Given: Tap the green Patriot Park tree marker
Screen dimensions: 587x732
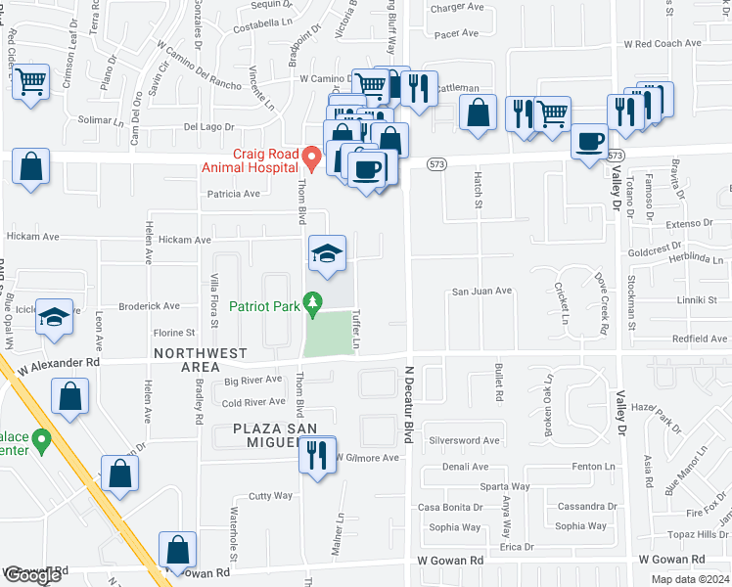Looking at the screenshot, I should click(x=313, y=305).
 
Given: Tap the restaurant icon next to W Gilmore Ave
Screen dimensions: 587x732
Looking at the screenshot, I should click(x=316, y=456).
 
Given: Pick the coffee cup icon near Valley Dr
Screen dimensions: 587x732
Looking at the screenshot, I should click(x=591, y=143).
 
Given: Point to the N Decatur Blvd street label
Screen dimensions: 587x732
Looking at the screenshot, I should click(x=410, y=409).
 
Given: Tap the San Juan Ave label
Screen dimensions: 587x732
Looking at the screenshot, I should click(x=481, y=292).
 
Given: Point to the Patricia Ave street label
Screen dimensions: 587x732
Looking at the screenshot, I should click(x=232, y=194).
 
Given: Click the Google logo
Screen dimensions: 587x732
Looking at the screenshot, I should click(x=32, y=575).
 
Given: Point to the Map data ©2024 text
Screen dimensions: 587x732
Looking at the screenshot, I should click(x=688, y=579).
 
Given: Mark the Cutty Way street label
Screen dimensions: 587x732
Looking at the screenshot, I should click(x=270, y=496).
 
